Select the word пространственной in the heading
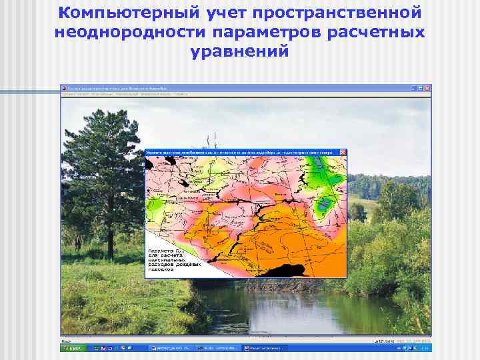(340, 13)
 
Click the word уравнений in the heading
(239, 51)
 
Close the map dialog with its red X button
(343, 153)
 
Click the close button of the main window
(427, 88)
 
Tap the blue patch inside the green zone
(326, 205)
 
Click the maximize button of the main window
(420, 88)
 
